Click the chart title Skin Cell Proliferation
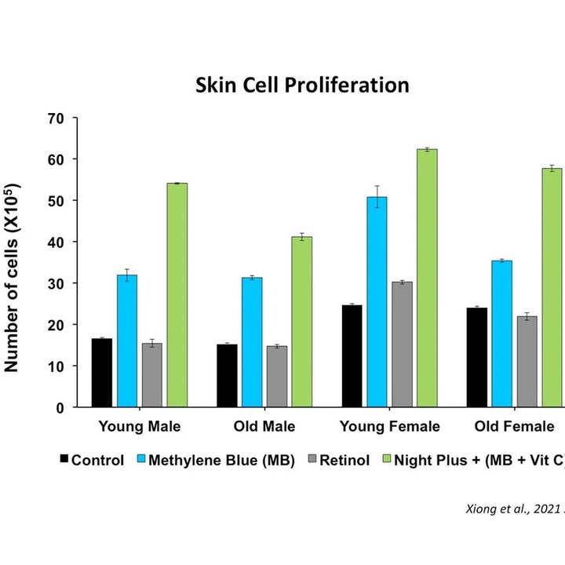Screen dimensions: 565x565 [302, 85]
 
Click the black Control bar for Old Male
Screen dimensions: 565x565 [227, 376]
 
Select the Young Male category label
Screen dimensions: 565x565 [139, 427]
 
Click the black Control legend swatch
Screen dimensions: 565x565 [64, 460]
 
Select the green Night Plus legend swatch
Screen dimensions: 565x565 [386, 460]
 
